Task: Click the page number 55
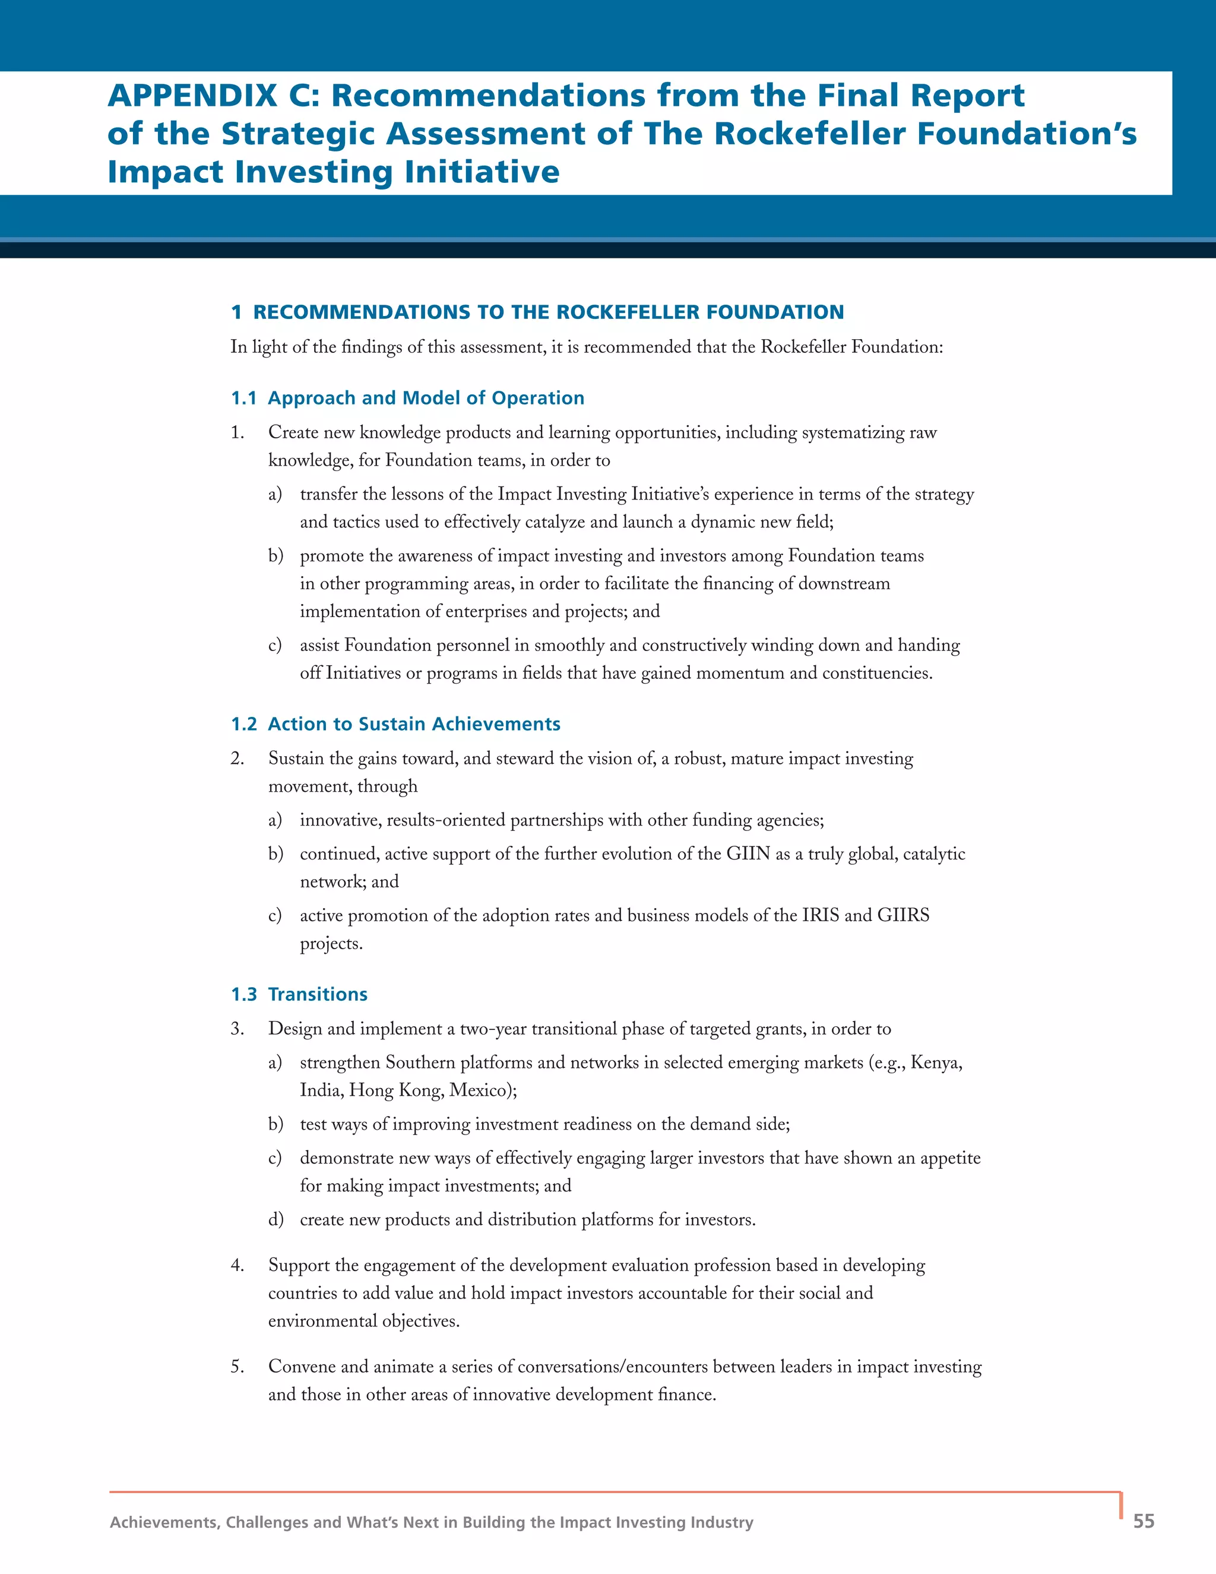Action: (x=1143, y=1521)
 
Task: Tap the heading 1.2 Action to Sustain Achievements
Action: (x=395, y=723)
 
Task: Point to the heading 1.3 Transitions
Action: (x=299, y=994)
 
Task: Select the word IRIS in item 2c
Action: (x=821, y=915)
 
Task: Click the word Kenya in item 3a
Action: (x=936, y=1063)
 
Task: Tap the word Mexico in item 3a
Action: (x=483, y=1090)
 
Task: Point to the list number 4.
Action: (x=237, y=1266)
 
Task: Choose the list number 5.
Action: (x=237, y=1367)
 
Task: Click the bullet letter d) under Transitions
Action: (x=275, y=1219)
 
